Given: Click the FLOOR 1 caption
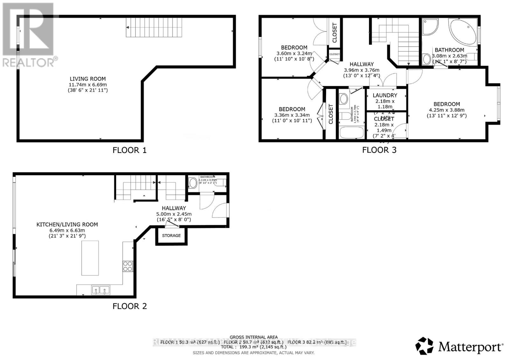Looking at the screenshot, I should pos(129,150).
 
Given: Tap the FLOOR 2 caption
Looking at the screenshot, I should pos(129,306).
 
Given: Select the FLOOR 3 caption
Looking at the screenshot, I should pos(379,150).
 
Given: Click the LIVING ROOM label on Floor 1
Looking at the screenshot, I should pos(88,79).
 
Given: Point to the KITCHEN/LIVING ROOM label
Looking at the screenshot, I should pos(67,225).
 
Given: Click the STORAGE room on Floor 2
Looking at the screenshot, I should pos(171,236).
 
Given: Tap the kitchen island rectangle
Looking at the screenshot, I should pos(90,258).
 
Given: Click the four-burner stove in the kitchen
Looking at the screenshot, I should pos(128,266).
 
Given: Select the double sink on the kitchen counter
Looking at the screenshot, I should pos(101,290).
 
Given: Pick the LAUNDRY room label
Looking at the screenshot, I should pos(385,95).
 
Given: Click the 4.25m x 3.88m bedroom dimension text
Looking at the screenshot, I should pos(446,110).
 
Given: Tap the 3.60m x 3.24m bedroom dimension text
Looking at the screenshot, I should pos(294,53).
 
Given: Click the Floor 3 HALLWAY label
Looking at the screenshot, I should pos(362,64).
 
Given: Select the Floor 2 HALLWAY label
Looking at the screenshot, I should pos(174,208).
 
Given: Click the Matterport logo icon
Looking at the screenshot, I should pos(424,346).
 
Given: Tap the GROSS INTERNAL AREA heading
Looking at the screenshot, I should pos(254,337).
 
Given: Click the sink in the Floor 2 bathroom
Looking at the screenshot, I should pos(193,183).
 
